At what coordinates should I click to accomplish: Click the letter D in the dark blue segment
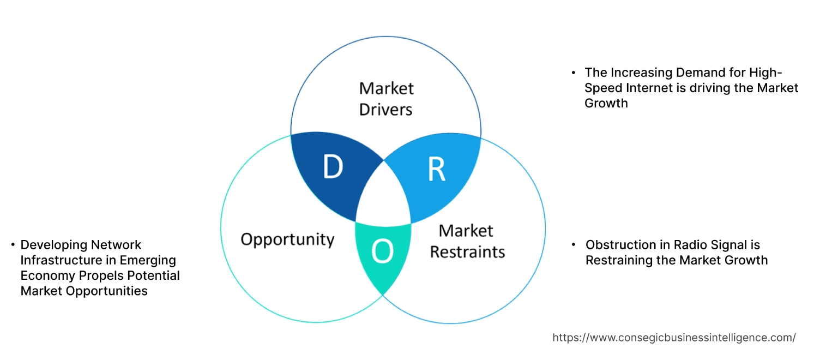coord(333,168)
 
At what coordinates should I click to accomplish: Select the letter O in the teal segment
coord(382,251)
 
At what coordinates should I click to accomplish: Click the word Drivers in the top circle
coord(385,110)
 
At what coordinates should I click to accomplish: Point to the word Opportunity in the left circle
coord(287,239)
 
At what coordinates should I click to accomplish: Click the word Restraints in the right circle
coord(467,252)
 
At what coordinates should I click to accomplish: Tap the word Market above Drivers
coord(386,88)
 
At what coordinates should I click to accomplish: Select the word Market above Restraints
coord(466,231)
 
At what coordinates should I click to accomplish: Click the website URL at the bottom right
coord(674,338)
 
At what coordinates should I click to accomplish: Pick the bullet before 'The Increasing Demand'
coord(573,73)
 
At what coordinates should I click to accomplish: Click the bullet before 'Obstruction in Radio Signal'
coord(573,245)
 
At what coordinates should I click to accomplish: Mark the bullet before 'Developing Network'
coord(13,245)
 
